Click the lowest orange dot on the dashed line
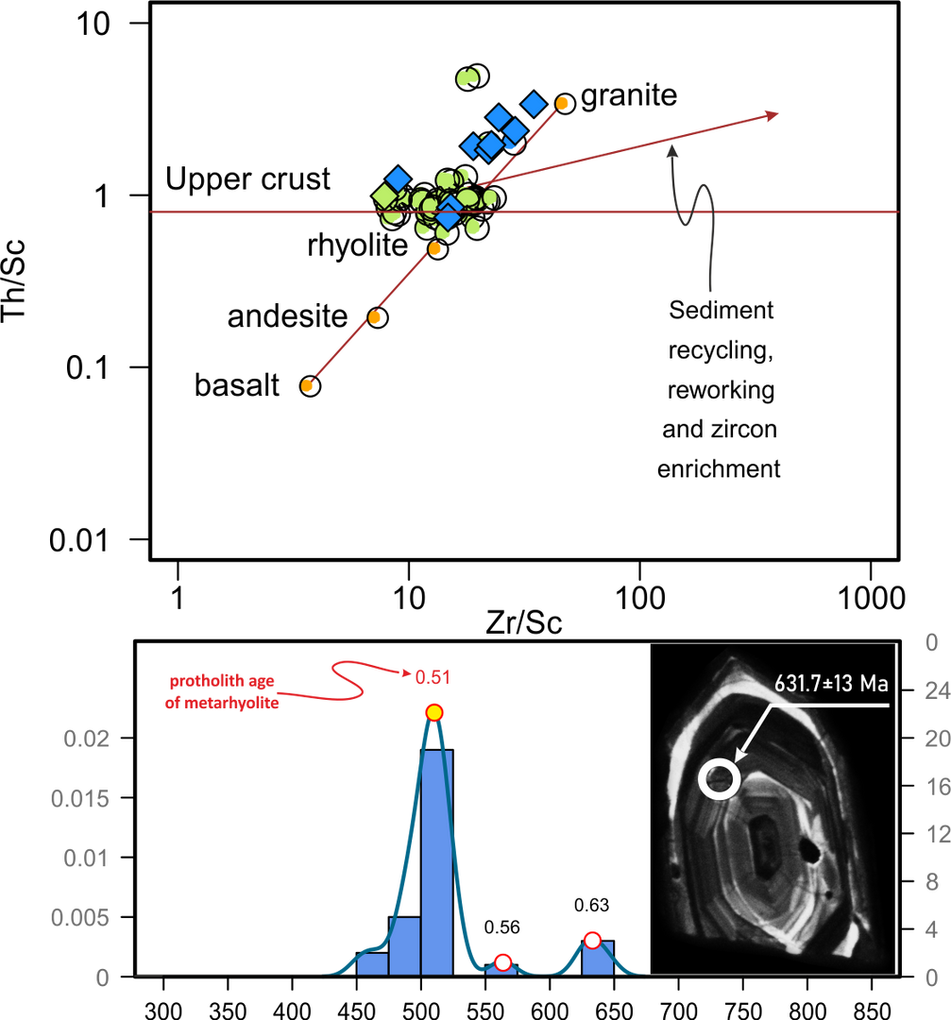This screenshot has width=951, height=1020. pos(308,385)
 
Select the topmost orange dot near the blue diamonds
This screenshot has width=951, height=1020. pos(563,102)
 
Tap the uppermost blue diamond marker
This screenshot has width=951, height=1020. pos(535,103)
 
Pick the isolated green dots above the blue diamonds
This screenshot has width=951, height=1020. pos(469,76)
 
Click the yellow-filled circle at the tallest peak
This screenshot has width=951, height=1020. pos(433,712)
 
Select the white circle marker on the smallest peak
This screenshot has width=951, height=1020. pos(502,962)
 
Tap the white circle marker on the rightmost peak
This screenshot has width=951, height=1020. pos(592,939)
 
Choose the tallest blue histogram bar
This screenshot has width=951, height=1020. pos(436,859)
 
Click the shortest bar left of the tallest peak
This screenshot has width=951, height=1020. pos(373,963)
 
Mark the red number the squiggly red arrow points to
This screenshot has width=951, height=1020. pos(428,676)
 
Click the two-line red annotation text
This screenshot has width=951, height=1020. pos(222,691)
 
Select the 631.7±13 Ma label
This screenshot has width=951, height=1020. pos(831,684)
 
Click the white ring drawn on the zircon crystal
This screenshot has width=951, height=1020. pos(719,780)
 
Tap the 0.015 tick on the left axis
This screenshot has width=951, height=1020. pos(80,799)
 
